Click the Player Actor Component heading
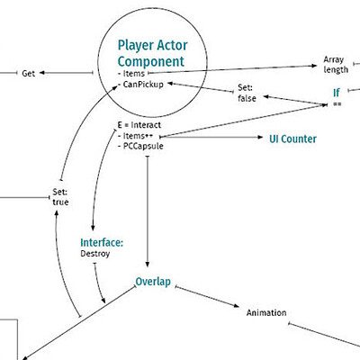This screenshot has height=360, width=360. [152, 53]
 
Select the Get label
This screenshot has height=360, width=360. [29, 74]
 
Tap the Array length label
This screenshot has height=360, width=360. [336, 65]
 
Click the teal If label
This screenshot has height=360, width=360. [337, 93]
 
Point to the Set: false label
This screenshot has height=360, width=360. [247, 93]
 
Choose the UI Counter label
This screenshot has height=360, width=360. [292, 139]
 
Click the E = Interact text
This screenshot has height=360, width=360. [139, 125]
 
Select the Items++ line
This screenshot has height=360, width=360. [136, 136]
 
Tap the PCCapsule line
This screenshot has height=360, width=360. [140, 146]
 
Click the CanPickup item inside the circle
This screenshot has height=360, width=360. [141, 85]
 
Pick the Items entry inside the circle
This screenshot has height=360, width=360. [131, 74]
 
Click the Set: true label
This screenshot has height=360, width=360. [60, 197]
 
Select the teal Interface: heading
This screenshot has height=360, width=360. [102, 242]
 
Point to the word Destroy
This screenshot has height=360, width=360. [95, 254]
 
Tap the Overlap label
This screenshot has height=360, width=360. [153, 282]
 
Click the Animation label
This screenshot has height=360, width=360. [266, 313]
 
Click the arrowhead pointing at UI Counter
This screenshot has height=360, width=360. [260, 138]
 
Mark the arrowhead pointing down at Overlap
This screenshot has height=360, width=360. [148, 264]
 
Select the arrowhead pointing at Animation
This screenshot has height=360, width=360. [237, 306]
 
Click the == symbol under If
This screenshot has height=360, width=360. [337, 104]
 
